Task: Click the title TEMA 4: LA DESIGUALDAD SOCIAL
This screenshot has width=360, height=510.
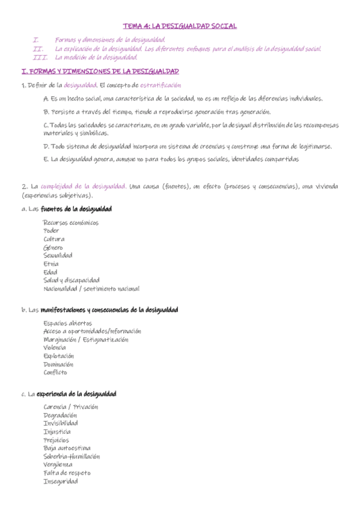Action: pyautogui.click(x=180, y=26)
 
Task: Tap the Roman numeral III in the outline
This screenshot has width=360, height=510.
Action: pyautogui.click(x=40, y=58)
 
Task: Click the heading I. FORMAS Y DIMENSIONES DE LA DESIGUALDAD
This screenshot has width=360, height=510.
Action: pyautogui.click(x=100, y=72)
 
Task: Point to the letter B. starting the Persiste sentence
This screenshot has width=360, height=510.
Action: pyautogui.click(x=46, y=112)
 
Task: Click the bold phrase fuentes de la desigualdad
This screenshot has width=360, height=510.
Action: pyautogui.click(x=76, y=209)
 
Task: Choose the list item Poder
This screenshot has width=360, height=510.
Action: pyautogui.click(x=51, y=231)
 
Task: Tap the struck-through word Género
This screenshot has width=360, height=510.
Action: pyautogui.click(x=53, y=247)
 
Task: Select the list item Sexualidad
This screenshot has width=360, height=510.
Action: pyautogui.click(x=58, y=256)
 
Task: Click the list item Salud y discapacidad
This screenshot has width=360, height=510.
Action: pyautogui.click(x=72, y=280)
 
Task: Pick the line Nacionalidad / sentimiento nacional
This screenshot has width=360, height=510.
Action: pyautogui.click(x=91, y=289)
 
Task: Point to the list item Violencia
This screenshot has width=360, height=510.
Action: pyautogui.click(x=55, y=348)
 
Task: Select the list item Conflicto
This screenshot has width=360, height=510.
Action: pyautogui.click(x=55, y=372)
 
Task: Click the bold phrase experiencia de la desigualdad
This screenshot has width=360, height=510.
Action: pyautogui.click(x=76, y=394)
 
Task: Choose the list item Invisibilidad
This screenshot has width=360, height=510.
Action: pyautogui.click(x=61, y=423)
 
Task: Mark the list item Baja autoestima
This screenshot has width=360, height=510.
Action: pyautogui.click(x=67, y=448)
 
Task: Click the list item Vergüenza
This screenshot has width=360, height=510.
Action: pyautogui.click(x=58, y=464)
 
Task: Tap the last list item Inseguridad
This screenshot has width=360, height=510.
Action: pyautogui.click(x=61, y=481)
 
